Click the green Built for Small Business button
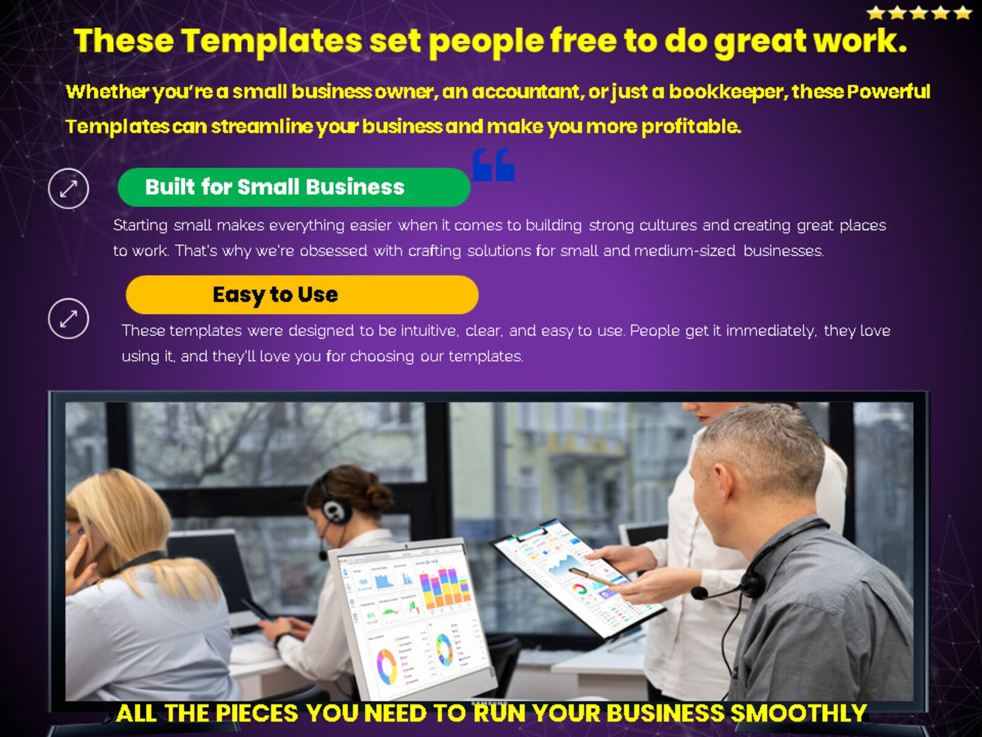[x=294, y=187]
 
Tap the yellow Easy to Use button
[x=302, y=295]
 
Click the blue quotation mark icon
[x=493, y=165]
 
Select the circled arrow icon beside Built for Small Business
[x=69, y=188]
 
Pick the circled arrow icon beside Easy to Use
[x=69, y=319]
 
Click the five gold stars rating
[x=919, y=12]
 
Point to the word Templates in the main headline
[x=271, y=41]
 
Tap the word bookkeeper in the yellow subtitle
[x=727, y=92]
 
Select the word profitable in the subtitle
[x=691, y=126]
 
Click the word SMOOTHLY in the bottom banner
[x=798, y=713]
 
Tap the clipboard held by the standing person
[x=575, y=575]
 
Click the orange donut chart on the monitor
[x=386, y=666]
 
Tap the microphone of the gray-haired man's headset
[x=699, y=593]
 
